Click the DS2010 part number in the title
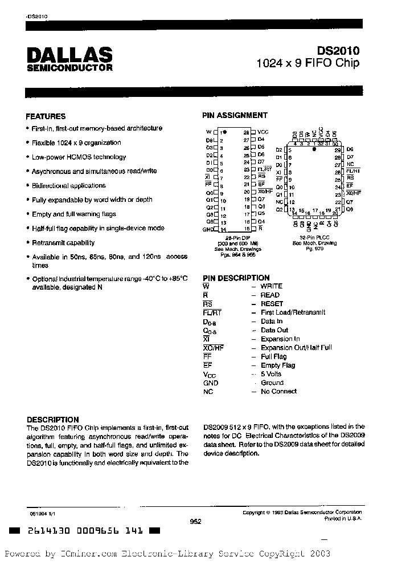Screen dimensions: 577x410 point(338,50)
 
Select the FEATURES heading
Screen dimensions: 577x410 point(46,116)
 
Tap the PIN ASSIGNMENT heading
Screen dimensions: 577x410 point(235,115)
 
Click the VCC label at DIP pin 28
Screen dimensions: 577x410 point(263,131)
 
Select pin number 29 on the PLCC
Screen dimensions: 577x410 point(338,149)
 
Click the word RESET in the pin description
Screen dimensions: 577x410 point(272,304)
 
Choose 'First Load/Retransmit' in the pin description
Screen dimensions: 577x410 point(293,312)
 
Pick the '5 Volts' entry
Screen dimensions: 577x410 point(272,374)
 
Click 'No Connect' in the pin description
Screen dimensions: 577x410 point(278,392)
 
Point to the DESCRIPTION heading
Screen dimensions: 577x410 point(52,419)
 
